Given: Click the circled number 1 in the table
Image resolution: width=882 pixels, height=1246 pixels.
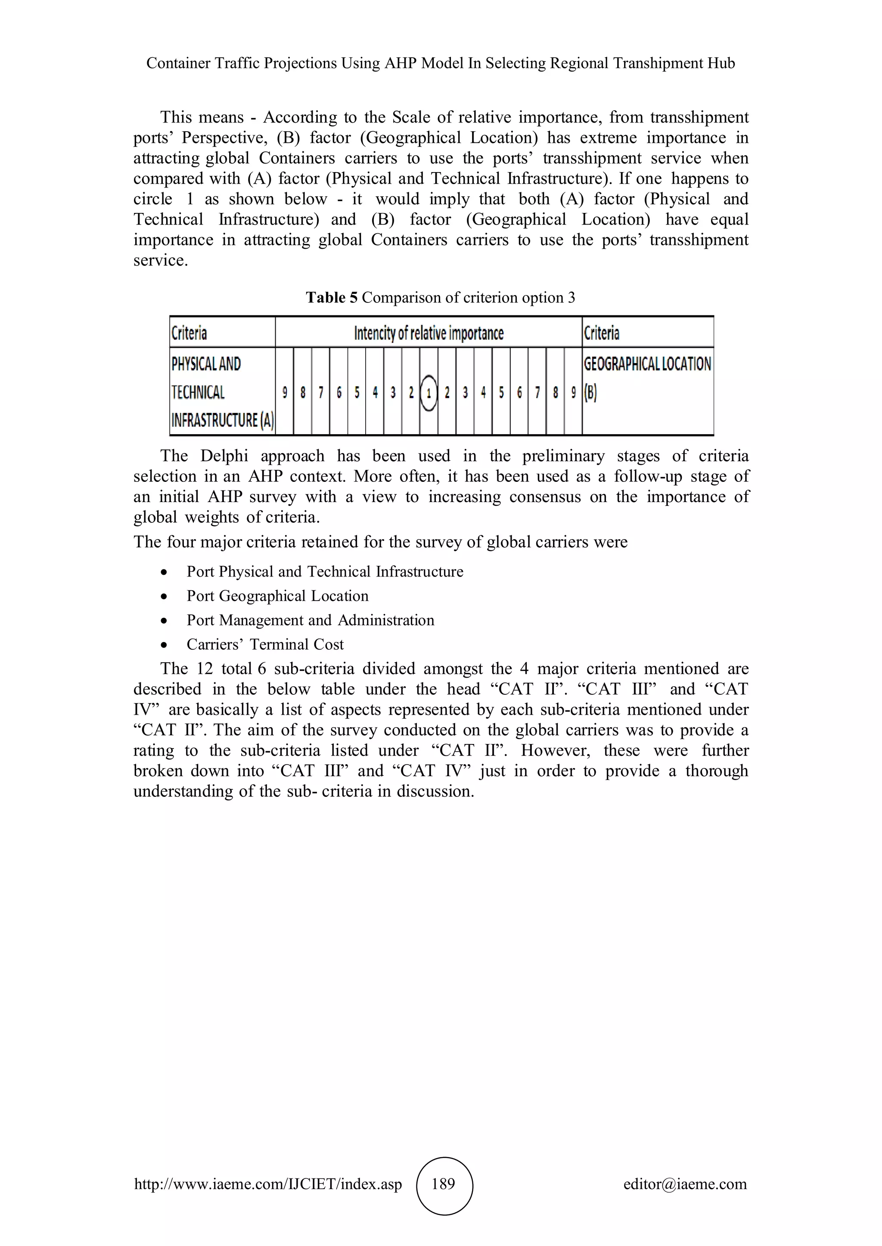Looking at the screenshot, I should [x=429, y=392].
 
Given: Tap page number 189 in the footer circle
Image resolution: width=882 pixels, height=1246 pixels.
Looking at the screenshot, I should [x=444, y=1184].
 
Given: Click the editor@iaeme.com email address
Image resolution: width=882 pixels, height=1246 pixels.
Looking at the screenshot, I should [x=685, y=1184].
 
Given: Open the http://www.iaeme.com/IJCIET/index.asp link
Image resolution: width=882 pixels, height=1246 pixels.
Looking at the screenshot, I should [x=268, y=1184].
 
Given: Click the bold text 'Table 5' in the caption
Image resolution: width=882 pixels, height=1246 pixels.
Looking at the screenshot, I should [x=331, y=297].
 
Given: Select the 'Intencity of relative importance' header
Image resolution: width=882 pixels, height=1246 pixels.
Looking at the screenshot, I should [x=429, y=333].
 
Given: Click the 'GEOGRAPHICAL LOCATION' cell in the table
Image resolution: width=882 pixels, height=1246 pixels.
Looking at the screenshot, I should [x=647, y=364].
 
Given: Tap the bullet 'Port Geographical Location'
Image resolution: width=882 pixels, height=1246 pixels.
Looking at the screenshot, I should [x=277, y=596].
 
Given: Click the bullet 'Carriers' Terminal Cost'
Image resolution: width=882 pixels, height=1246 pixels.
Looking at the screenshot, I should [x=265, y=644].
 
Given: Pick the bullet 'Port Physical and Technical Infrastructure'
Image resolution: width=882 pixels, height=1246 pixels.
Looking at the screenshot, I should [x=325, y=571].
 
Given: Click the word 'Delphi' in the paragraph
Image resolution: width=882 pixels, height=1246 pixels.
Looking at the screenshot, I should [x=224, y=456].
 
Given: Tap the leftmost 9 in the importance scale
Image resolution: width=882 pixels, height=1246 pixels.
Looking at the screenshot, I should [x=285, y=392].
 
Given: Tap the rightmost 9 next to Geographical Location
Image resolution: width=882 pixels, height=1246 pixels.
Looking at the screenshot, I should [x=573, y=392].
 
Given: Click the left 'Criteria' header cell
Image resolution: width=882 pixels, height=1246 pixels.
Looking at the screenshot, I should [x=189, y=333].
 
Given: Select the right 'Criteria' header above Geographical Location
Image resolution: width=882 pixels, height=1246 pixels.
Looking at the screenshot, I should [x=601, y=333].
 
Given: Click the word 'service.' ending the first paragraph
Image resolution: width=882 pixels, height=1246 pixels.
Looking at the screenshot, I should [x=161, y=260].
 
